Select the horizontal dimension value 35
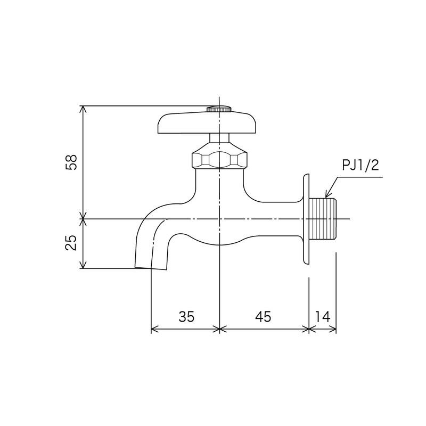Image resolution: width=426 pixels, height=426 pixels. click(186, 316)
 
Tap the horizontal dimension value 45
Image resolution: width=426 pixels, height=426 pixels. click(263, 316)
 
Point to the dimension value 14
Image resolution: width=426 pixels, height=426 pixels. click(323, 316)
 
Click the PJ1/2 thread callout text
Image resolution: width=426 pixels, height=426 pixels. click(359, 166)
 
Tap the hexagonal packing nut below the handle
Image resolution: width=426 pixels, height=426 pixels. click(220, 159)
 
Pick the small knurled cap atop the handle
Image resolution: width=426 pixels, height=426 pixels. click(219, 109)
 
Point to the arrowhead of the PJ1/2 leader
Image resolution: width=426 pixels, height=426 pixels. click(326, 195)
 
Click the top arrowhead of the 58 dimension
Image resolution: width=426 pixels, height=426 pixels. click(83, 108)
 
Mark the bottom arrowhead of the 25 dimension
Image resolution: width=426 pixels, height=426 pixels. click(83, 266)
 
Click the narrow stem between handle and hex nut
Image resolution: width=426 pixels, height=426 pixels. click(219, 137)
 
